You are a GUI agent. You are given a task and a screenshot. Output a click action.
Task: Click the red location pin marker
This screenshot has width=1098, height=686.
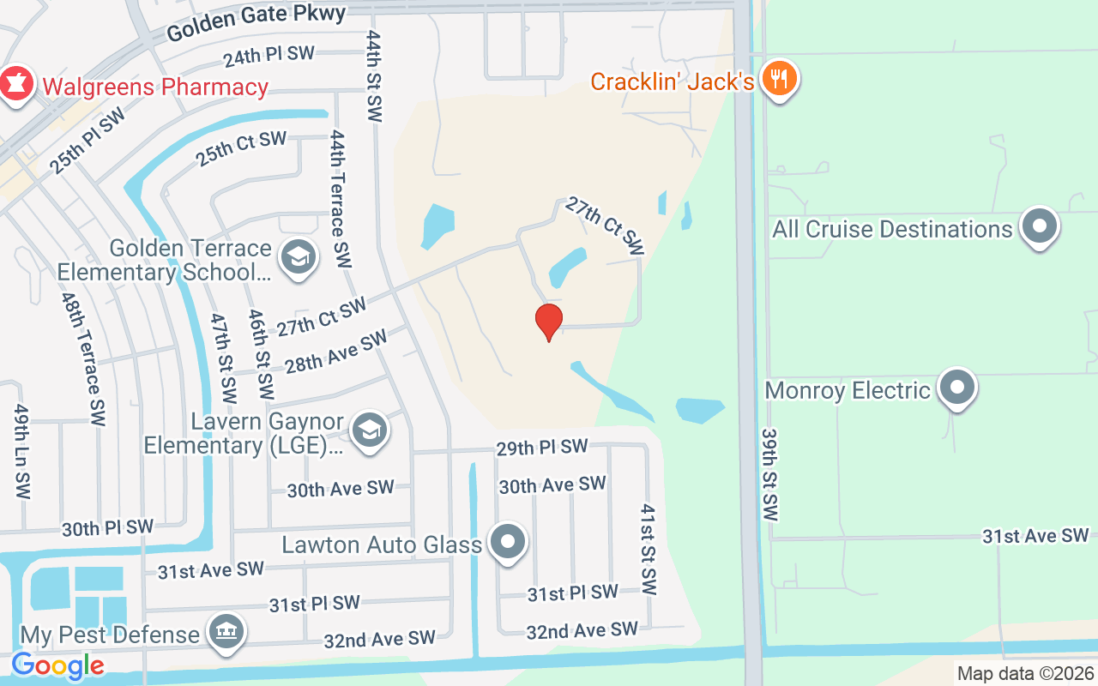tap(549, 322)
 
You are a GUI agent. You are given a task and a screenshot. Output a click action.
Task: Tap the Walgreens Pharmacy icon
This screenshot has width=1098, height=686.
tap(16, 85)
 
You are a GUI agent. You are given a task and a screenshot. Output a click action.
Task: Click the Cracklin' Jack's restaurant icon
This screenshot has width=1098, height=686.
tap(780, 80)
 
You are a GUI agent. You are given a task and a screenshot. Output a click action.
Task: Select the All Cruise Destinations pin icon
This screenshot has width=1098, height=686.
tap(1041, 227)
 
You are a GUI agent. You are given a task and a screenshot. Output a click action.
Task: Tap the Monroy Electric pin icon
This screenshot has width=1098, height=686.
tap(956, 388)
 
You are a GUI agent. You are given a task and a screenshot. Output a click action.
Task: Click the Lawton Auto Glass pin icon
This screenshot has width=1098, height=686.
tap(508, 543)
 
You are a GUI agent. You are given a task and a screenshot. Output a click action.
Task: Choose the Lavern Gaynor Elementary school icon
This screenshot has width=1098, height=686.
tap(370, 430)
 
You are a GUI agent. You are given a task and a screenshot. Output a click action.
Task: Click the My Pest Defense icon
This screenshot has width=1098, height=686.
tap(226, 633)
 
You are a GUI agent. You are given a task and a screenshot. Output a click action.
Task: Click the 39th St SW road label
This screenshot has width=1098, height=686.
tap(769, 475)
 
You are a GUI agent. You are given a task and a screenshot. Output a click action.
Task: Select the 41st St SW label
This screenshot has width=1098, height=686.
tap(648, 549)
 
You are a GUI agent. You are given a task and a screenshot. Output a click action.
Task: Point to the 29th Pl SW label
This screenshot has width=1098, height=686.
tap(542, 447)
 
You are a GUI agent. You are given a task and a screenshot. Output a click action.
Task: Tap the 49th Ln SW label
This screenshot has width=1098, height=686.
tap(21, 451)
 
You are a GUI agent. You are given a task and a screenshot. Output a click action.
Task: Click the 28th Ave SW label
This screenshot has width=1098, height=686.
tap(336, 352)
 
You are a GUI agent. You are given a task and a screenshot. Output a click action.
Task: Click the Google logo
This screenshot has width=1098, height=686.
tap(57, 665)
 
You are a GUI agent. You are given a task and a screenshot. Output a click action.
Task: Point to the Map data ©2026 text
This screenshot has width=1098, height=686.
tap(1025, 673)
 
